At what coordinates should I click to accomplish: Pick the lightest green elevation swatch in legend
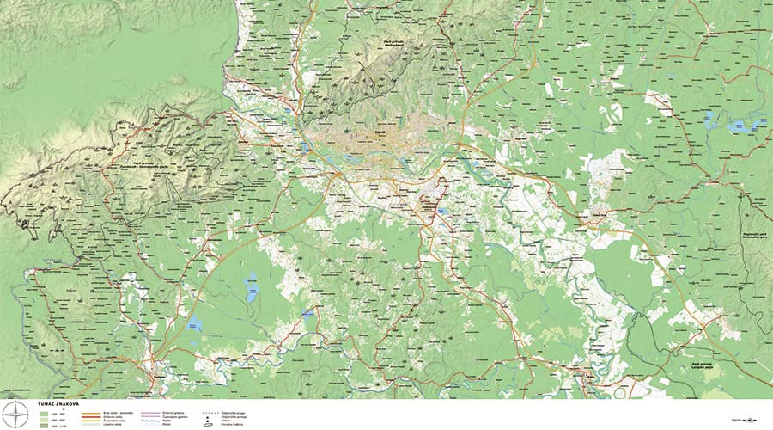pos(43,413)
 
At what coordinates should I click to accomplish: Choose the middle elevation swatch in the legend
pos(43,419)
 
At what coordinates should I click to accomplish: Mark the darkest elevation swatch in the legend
pos(43,425)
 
